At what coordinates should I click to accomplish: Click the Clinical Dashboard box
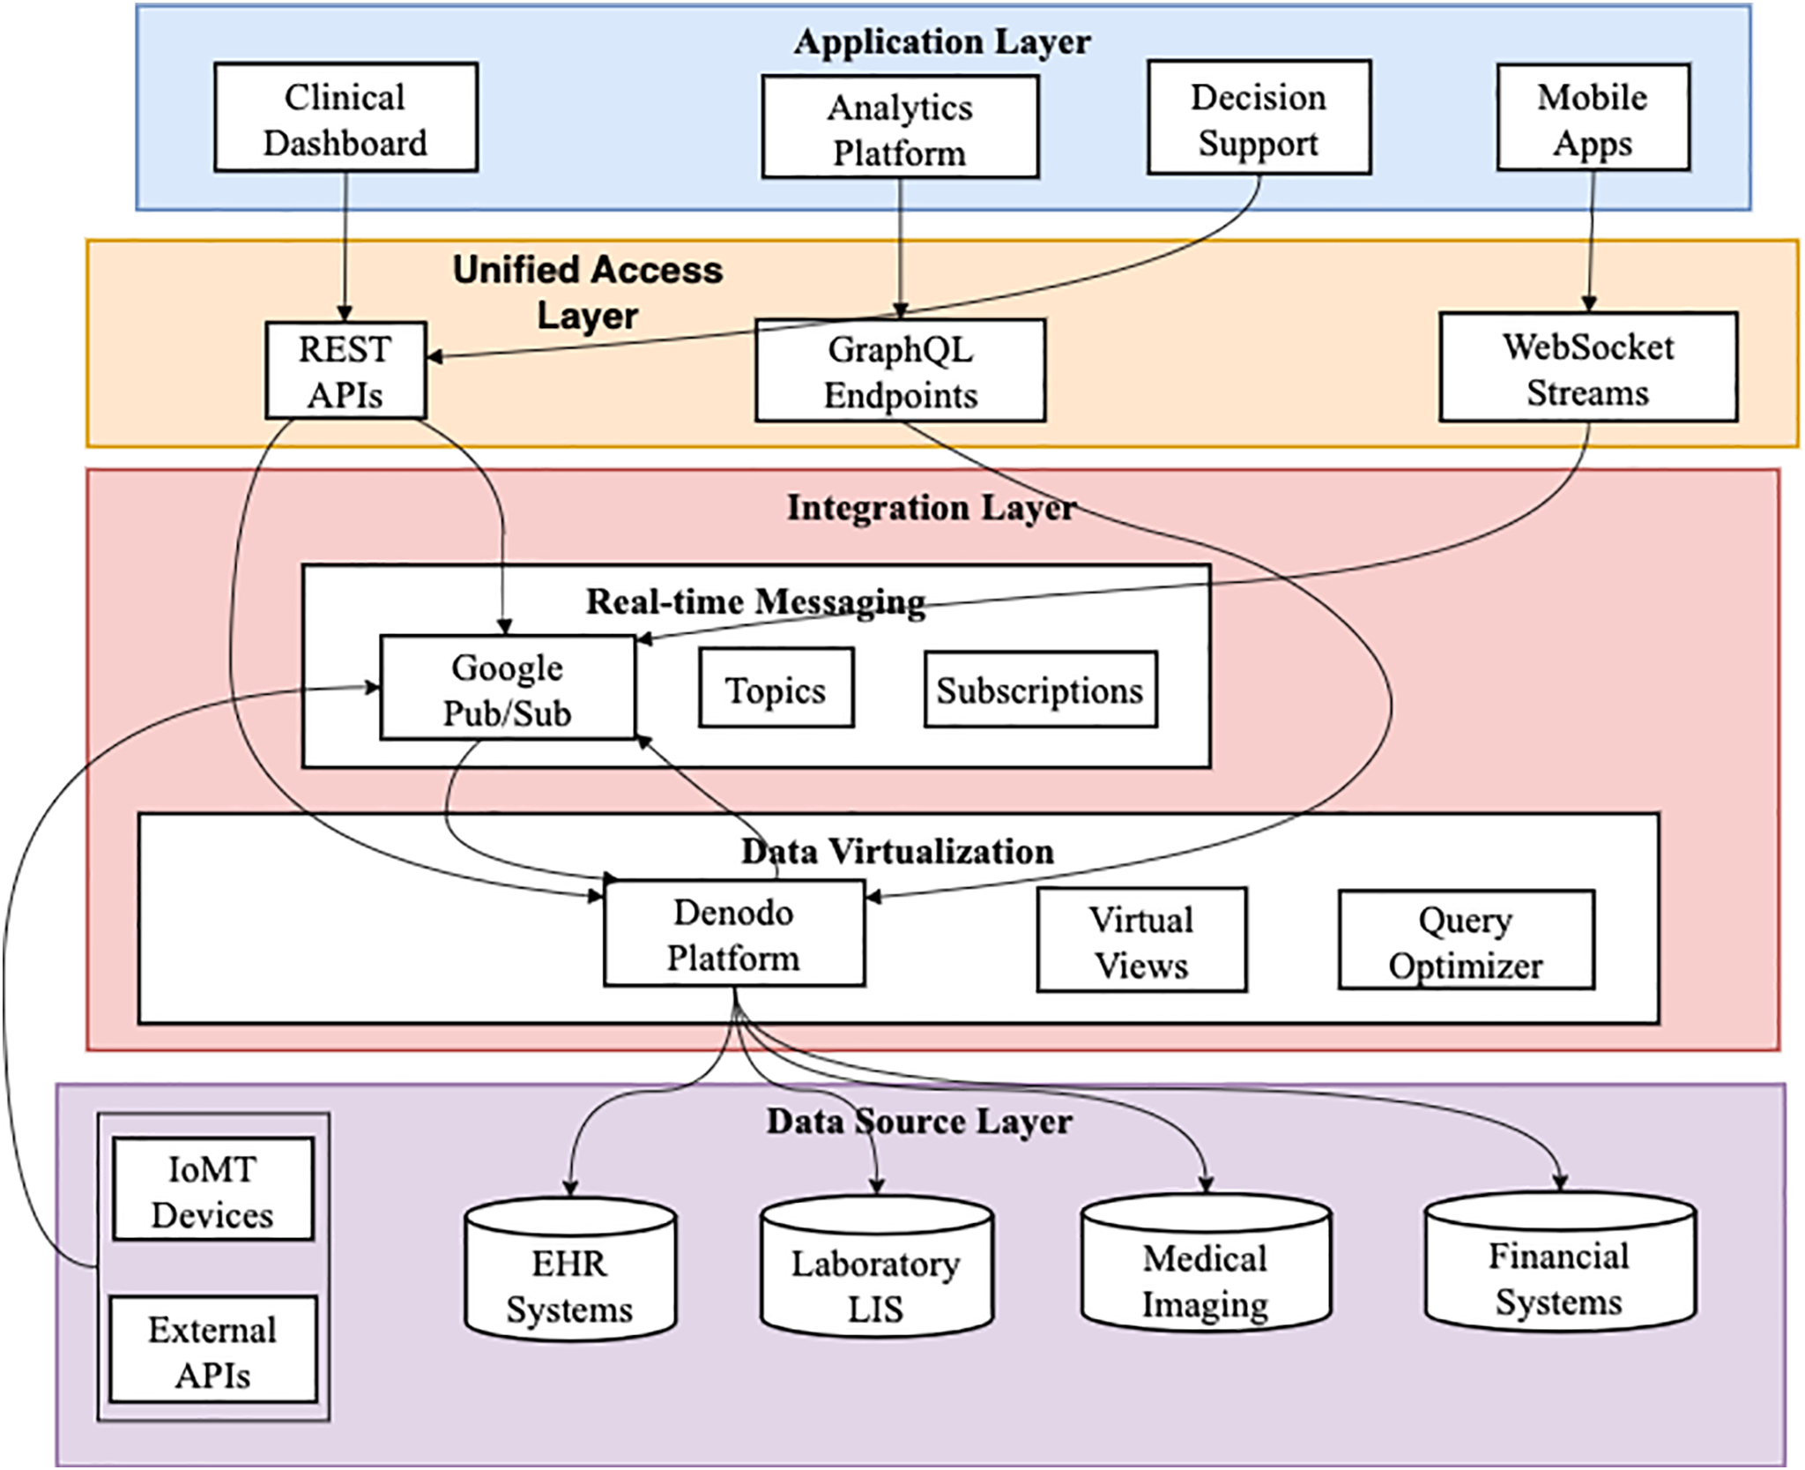345,117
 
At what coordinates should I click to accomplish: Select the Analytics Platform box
900,127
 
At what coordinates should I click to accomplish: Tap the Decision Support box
1259,117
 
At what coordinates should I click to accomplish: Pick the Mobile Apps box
1593,117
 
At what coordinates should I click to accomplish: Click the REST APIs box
345,370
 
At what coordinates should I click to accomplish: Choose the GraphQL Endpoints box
900,370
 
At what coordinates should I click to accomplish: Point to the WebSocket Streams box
1588,367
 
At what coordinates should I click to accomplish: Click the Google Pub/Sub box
507,688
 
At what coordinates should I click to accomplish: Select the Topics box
776,688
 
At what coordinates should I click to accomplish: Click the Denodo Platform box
733,933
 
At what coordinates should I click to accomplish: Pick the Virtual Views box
1141,940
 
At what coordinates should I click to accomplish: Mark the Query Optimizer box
1466,940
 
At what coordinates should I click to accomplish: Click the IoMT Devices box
212,1190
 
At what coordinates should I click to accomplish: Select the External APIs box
212,1349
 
